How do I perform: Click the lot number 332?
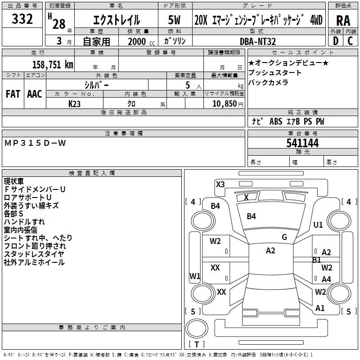tap(22, 19)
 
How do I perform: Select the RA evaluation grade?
tap(343, 20)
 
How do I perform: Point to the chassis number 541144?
tap(302, 143)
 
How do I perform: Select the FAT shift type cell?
tap(13, 94)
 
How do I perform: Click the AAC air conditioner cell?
tap(35, 94)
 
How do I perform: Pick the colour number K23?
tap(75, 104)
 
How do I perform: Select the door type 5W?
tap(175, 20)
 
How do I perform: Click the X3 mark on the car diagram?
tap(220, 184)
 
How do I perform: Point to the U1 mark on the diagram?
tap(318, 225)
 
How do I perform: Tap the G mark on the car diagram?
tap(284, 237)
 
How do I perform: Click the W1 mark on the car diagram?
tap(195, 276)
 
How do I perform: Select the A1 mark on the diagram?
tap(320, 308)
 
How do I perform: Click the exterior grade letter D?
tap(335, 41)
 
